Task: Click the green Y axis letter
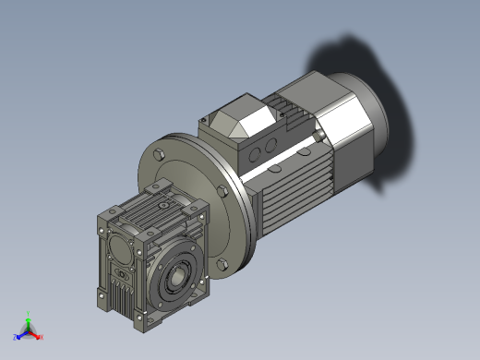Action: click(29, 315)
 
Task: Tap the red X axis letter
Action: click(42, 336)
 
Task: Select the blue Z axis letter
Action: click(16, 337)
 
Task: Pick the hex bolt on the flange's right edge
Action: click(224, 191)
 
